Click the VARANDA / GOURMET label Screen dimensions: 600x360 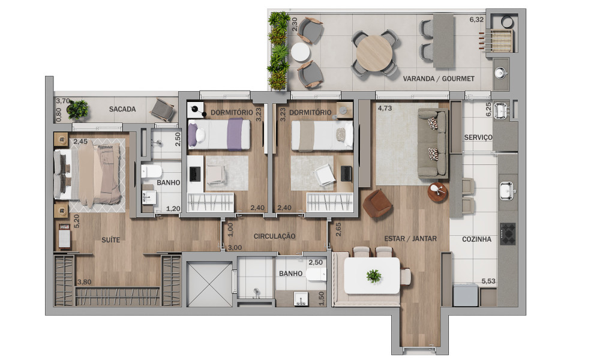click(439, 79)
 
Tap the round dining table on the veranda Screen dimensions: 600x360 click(374, 53)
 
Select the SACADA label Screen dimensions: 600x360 click(122, 109)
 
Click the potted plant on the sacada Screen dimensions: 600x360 click(77, 109)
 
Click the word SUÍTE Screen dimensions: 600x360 click(110, 240)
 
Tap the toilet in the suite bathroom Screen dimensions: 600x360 click(149, 171)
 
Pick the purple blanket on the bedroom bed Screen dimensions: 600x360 click(235, 134)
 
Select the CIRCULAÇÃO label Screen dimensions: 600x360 click(274, 236)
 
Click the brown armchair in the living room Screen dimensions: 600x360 click(377, 204)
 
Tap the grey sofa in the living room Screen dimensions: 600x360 click(433, 143)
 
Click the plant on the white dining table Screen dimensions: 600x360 click(373, 275)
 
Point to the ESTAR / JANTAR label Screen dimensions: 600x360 click(410, 239)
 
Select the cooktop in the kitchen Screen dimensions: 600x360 click(508, 234)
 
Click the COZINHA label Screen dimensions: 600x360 click(476, 239)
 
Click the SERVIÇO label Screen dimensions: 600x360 click(478, 137)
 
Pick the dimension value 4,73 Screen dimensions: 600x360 click(385, 108)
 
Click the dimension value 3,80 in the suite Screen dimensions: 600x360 click(84, 283)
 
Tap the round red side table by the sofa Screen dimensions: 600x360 click(437, 193)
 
